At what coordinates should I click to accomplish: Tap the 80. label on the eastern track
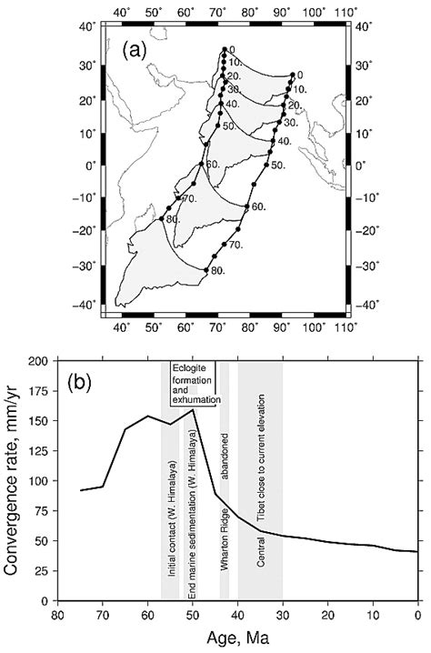(218, 271)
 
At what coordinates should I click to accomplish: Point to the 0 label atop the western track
(233, 49)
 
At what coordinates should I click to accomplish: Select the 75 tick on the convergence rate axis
(39, 511)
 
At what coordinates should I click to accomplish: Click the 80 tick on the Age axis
(56, 616)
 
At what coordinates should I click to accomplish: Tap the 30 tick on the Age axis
(282, 616)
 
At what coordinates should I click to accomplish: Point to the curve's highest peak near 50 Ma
(192, 410)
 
